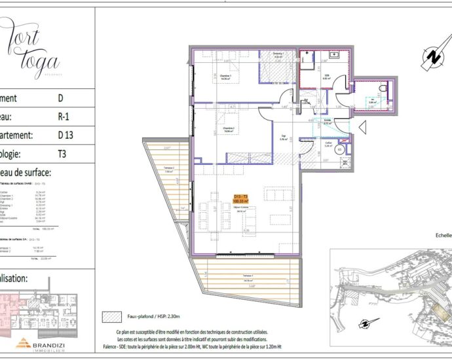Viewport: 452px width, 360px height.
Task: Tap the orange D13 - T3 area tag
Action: (241, 199)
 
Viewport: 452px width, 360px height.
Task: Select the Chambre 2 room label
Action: (229, 129)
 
